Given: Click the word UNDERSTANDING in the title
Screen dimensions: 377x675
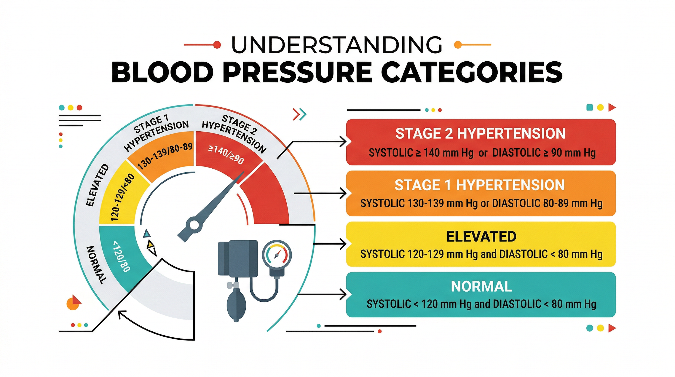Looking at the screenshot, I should pyautogui.click(x=336, y=45).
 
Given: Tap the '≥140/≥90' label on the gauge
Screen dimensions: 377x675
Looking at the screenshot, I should pyautogui.click(x=226, y=155).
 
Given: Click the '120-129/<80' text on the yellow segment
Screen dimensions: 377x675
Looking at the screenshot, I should pyautogui.click(x=122, y=197).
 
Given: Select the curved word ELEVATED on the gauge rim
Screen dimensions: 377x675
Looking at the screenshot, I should pyautogui.click(x=97, y=185).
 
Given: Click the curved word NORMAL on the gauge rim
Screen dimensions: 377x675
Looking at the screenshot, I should pyautogui.click(x=96, y=265).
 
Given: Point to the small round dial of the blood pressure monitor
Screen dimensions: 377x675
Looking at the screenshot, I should pyautogui.click(x=277, y=255).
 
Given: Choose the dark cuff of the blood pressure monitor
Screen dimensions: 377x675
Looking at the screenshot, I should pyautogui.click(x=238, y=258).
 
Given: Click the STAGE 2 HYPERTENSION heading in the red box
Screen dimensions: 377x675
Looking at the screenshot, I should pyautogui.click(x=480, y=134).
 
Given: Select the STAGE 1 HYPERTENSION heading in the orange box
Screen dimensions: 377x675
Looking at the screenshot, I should pyautogui.click(x=480, y=185).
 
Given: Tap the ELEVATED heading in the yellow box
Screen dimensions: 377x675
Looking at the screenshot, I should pyautogui.click(x=481, y=236).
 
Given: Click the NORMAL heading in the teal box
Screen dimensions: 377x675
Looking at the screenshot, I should pyautogui.click(x=481, y=286).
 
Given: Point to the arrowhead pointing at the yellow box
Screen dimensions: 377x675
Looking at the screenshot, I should pyautogui.click(x=343, y=244).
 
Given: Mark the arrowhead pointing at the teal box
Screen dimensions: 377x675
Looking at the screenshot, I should pyautogui.click(x=343, y=295).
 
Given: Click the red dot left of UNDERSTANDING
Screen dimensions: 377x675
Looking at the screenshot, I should pyautogui.click(x=217, y=45).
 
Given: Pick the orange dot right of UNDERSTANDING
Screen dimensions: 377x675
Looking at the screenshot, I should pyautogui.click(x=458, y=45).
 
